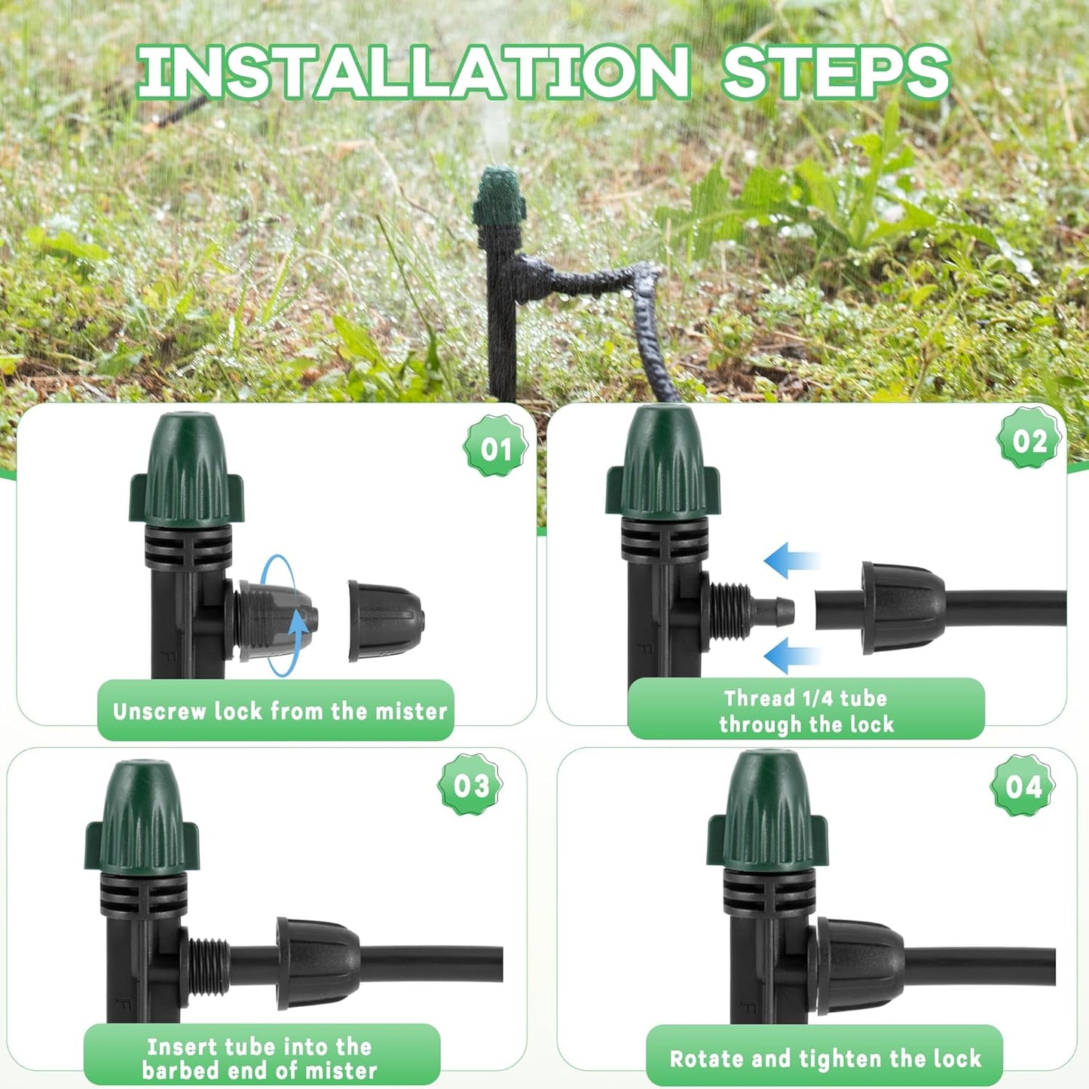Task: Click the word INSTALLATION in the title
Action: [x=413, y=72]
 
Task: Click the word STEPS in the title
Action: [x=835, y=72]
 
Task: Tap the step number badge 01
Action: [x=495, y=449]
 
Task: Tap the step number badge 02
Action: [x=1029, y=441]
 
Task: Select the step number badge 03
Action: [x=471, y=785]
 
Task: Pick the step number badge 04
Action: [x=1023, y=787]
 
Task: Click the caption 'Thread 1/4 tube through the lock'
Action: [x=806, y=711]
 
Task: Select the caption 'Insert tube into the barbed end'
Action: [x=260, y=1057]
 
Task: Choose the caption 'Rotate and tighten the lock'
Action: [x=824, y=1058]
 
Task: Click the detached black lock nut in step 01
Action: [x=386, y=620]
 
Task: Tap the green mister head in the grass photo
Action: [x=498, y=197]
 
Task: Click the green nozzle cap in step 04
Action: [x=767, y=814]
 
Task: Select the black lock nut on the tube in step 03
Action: [x=317, y=962]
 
